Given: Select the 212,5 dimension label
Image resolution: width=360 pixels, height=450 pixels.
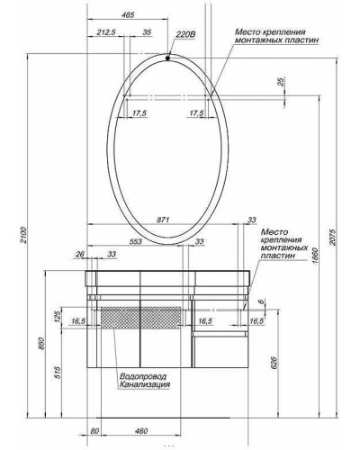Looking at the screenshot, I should click(x=107, y=33).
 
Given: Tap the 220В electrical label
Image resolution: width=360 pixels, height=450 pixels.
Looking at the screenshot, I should click(x=185, y=35).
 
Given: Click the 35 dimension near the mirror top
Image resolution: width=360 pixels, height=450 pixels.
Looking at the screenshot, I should click(x=147, y=33).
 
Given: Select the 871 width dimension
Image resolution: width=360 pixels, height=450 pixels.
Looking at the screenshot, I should click(x=163, y=220).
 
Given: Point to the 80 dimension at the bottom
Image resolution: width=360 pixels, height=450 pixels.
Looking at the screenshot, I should click(x=94, y=433).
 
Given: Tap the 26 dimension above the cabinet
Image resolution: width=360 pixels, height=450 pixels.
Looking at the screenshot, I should click(x=80, y=254).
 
